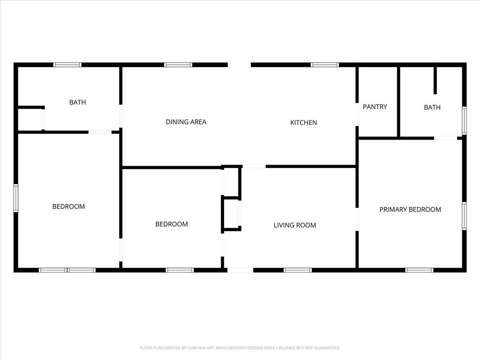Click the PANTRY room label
click(375, 107)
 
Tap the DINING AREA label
click(186, 122)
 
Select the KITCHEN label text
click(303, 122)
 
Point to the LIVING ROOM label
click(295, 225)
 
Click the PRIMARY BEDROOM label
click(410, 209)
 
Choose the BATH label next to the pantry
click(432, 107)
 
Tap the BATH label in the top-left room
click(78, 102)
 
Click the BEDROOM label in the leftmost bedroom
click(69, 206)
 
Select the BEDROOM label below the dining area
click(172, 224)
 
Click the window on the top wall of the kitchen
click(325, 65)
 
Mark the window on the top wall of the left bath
click(68, 65)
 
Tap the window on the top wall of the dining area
click(178, 65)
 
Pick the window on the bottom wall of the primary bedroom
click(419, 270)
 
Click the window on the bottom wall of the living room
click(298, 270)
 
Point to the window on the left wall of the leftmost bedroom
click(16, 198)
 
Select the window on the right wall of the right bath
click(464, 120)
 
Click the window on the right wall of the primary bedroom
click(464, 216)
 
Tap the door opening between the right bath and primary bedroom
click(446, 138)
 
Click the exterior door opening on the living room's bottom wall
click(240, 270)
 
